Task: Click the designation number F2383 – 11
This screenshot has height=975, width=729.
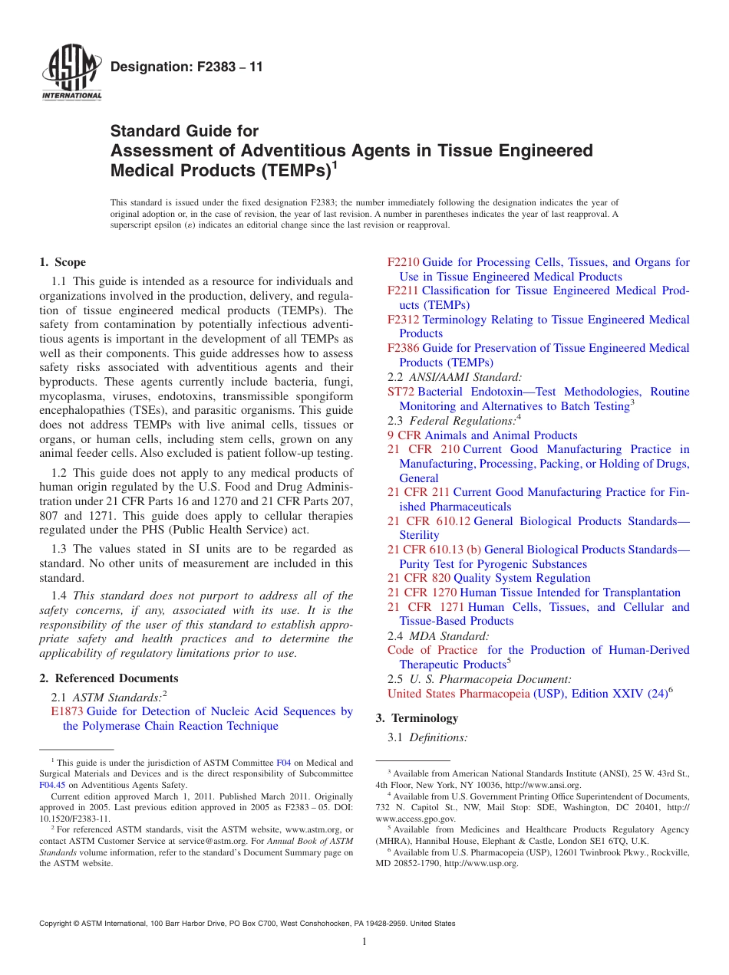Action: tap(186, 67)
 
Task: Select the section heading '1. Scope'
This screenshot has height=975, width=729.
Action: tap(63, 262)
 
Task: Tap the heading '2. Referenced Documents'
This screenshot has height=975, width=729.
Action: tap(109, 678)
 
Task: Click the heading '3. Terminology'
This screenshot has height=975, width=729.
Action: tap(417, 718)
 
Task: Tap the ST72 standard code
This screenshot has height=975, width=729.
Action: tap(401, 392)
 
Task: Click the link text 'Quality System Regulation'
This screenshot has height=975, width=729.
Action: tap(522, 578)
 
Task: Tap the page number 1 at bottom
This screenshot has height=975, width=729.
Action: tap(364, 942)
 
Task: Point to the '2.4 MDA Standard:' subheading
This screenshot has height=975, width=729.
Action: tap(438, 635)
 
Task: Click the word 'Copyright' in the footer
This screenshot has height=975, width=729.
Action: tap(57, 924)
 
